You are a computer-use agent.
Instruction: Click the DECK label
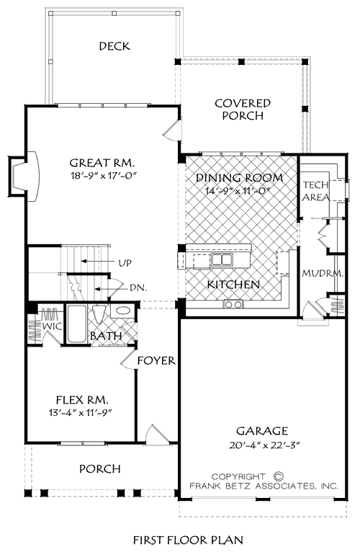pyautogui.click(x=114, y=46)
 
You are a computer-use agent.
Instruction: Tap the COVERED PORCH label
pyautogui.click(x=243, y=109)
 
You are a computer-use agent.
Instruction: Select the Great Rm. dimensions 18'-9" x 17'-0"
pyautogui.click(x=102, y=175)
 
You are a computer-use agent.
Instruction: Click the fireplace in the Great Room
pyautogui.click(x=24, y=176)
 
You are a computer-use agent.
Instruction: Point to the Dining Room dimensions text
pyautogui.click(x=238, y=191)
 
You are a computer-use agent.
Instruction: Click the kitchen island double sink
pyautogui.click(x=222, y=259)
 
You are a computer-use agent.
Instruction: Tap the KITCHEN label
pyautogui.click(x=233, y=285)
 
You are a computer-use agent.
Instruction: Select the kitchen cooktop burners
pyautogui.click(x=233, y=304)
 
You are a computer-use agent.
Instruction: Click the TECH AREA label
pyautogui.click(x=315, y=191)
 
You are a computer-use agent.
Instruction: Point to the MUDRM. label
pyautogui.click(x=323, y=273)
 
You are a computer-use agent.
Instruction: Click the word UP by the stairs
pyautogui.click(x=125, y=262)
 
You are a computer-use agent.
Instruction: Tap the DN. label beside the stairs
pyautogui.click(x=138, y=288)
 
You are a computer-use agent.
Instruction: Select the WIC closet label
pyautogui.click(x=52, y=326)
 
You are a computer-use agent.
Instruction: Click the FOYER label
pyautogui.click(x=156, y=360)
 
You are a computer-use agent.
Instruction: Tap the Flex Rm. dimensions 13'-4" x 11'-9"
pyautogui.click(x=81, y=413)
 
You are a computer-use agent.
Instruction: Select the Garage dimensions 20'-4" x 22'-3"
pyautogui.click(x=264, y=445)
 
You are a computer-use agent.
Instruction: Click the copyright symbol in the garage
pyautogui.click(x=278, y=476)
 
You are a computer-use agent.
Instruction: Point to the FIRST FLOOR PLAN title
pyautogui.click(x=188, y=540)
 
